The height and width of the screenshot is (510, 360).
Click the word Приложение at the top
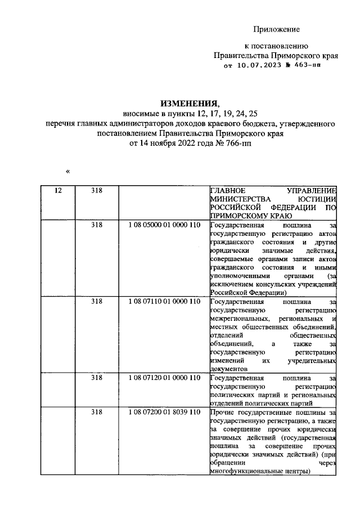tap(276, 29)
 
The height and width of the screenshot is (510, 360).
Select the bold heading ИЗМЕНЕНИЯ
tap(188, 104)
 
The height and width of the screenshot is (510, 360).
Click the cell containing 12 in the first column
tap(57, 191)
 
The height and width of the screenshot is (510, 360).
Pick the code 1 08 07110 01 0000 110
tap(164, 302)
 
